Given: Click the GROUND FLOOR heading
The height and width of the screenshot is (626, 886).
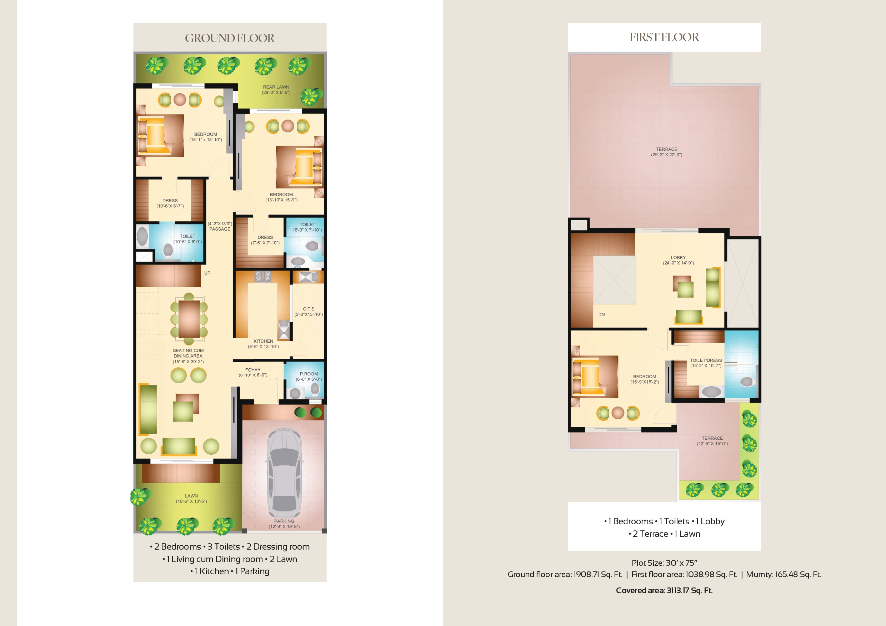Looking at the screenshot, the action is pos(230,38).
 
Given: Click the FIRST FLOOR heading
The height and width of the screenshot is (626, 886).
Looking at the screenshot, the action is pos(664,37).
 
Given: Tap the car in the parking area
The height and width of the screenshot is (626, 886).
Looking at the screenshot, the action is pos(284,473).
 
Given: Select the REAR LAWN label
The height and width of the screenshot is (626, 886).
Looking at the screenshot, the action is pos(276,87).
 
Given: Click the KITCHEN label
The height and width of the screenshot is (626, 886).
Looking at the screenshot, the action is pos(263,341).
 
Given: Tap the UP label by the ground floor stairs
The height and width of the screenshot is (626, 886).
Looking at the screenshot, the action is pos(207,273).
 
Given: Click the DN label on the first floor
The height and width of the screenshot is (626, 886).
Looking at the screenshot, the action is pos(602,315).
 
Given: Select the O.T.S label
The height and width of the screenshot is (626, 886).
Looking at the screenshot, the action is pos(309,309).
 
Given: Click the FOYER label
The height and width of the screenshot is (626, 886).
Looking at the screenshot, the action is pos(253,369).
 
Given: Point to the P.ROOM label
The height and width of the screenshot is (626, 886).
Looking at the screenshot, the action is pos(309,374).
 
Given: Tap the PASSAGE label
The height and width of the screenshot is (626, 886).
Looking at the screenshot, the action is pos(220,229).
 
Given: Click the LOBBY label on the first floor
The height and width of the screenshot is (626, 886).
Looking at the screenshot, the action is pos(678,258).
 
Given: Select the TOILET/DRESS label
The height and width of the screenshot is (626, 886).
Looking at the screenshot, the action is pos(706,360).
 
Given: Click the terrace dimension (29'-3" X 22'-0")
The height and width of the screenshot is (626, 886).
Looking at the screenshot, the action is pos(666,155).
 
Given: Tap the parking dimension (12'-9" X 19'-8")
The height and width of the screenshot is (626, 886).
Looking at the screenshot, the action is pos(284,526).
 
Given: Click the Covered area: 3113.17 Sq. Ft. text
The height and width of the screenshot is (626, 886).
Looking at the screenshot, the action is pos(664,591).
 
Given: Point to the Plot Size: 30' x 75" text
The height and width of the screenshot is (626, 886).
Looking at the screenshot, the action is pos(664,563).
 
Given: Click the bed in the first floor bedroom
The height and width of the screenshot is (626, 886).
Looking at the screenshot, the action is pos(595,377).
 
